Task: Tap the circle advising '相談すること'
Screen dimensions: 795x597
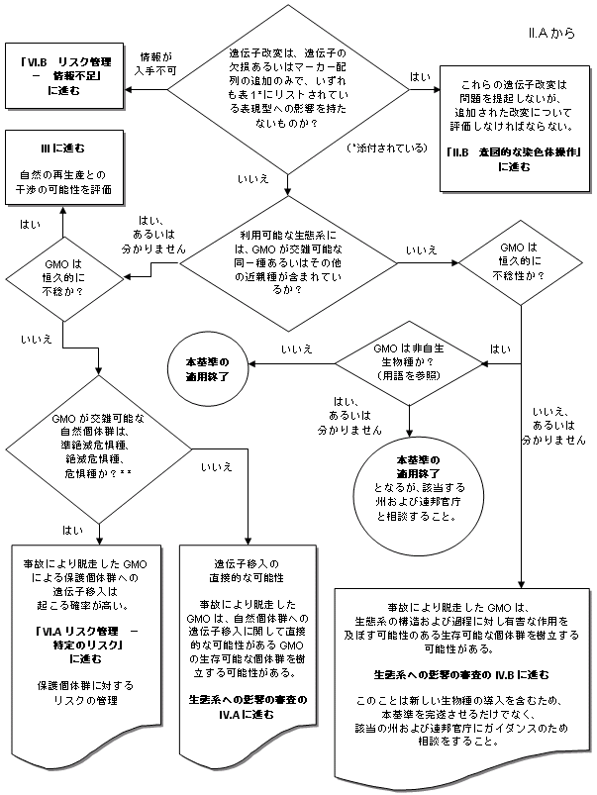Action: pos(409,488)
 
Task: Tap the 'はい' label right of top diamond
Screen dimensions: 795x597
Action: pos(420,77)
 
